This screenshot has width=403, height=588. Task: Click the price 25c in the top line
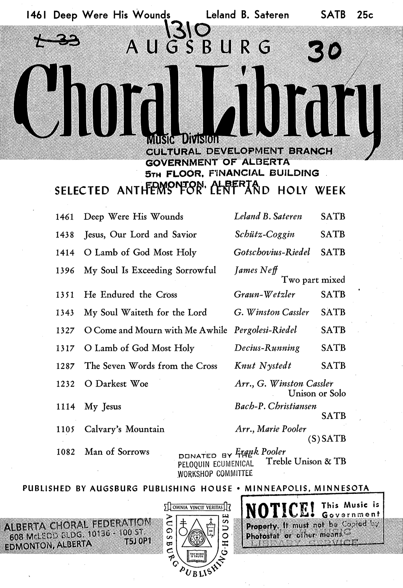pos(365,15)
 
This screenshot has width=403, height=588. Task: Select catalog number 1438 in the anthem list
pos(65,235)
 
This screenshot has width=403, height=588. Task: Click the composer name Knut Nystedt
pos(263,366)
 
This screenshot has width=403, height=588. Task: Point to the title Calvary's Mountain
pos(124,429)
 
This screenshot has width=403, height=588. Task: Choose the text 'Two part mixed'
pos(313,280)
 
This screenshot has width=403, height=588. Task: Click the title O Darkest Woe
pos(116,384)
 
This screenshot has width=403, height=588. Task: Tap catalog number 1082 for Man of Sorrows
pos(65,452)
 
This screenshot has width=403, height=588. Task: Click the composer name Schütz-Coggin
pos(264,235)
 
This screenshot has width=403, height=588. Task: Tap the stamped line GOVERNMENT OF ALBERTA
pos(218,162)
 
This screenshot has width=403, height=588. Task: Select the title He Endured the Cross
pos(130,295)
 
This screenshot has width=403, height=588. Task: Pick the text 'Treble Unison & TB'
pos(306,461)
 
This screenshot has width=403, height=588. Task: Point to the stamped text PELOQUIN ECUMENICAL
pos(216,464)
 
